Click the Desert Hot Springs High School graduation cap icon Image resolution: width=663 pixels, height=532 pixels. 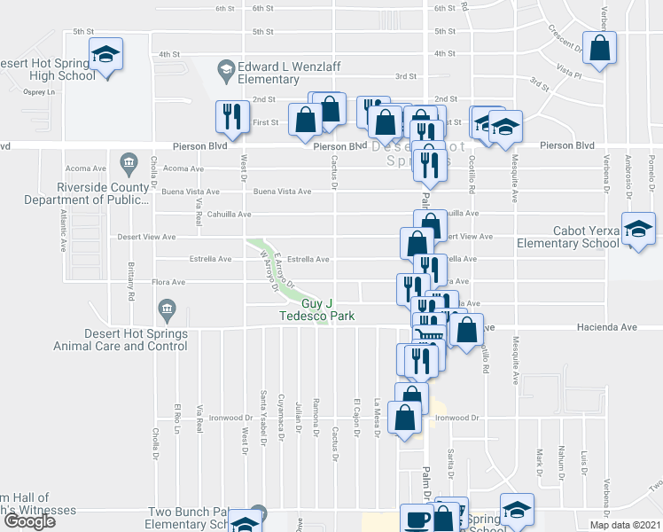click(105, 55)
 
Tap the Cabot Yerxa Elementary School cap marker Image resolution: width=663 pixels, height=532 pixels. click(637, 230)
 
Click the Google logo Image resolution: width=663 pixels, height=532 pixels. click(30, 520)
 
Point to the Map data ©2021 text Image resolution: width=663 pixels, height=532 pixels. click(624, 524)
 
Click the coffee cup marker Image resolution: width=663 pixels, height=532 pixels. click(416, 520)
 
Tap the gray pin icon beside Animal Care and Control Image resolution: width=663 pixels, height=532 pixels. click(167, 309)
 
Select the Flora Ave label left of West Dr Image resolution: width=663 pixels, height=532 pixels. click(168, 283)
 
